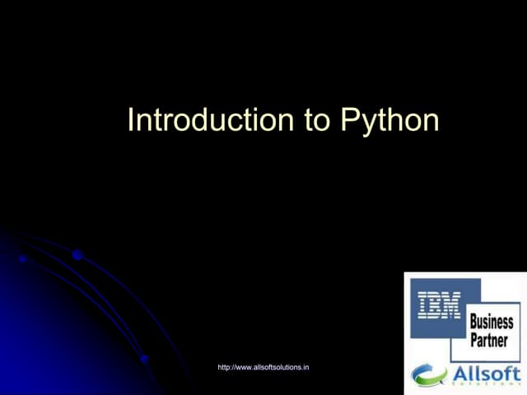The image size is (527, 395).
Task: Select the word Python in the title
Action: [389, 121]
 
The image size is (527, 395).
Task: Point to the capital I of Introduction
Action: [131, 120]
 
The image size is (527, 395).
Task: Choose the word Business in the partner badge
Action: [492, 322]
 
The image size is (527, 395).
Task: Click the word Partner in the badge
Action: [489, 340]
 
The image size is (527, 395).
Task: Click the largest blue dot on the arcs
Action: [77, 255]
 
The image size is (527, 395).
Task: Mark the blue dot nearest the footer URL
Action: [144, 359]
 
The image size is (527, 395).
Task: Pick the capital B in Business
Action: [473, 322]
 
